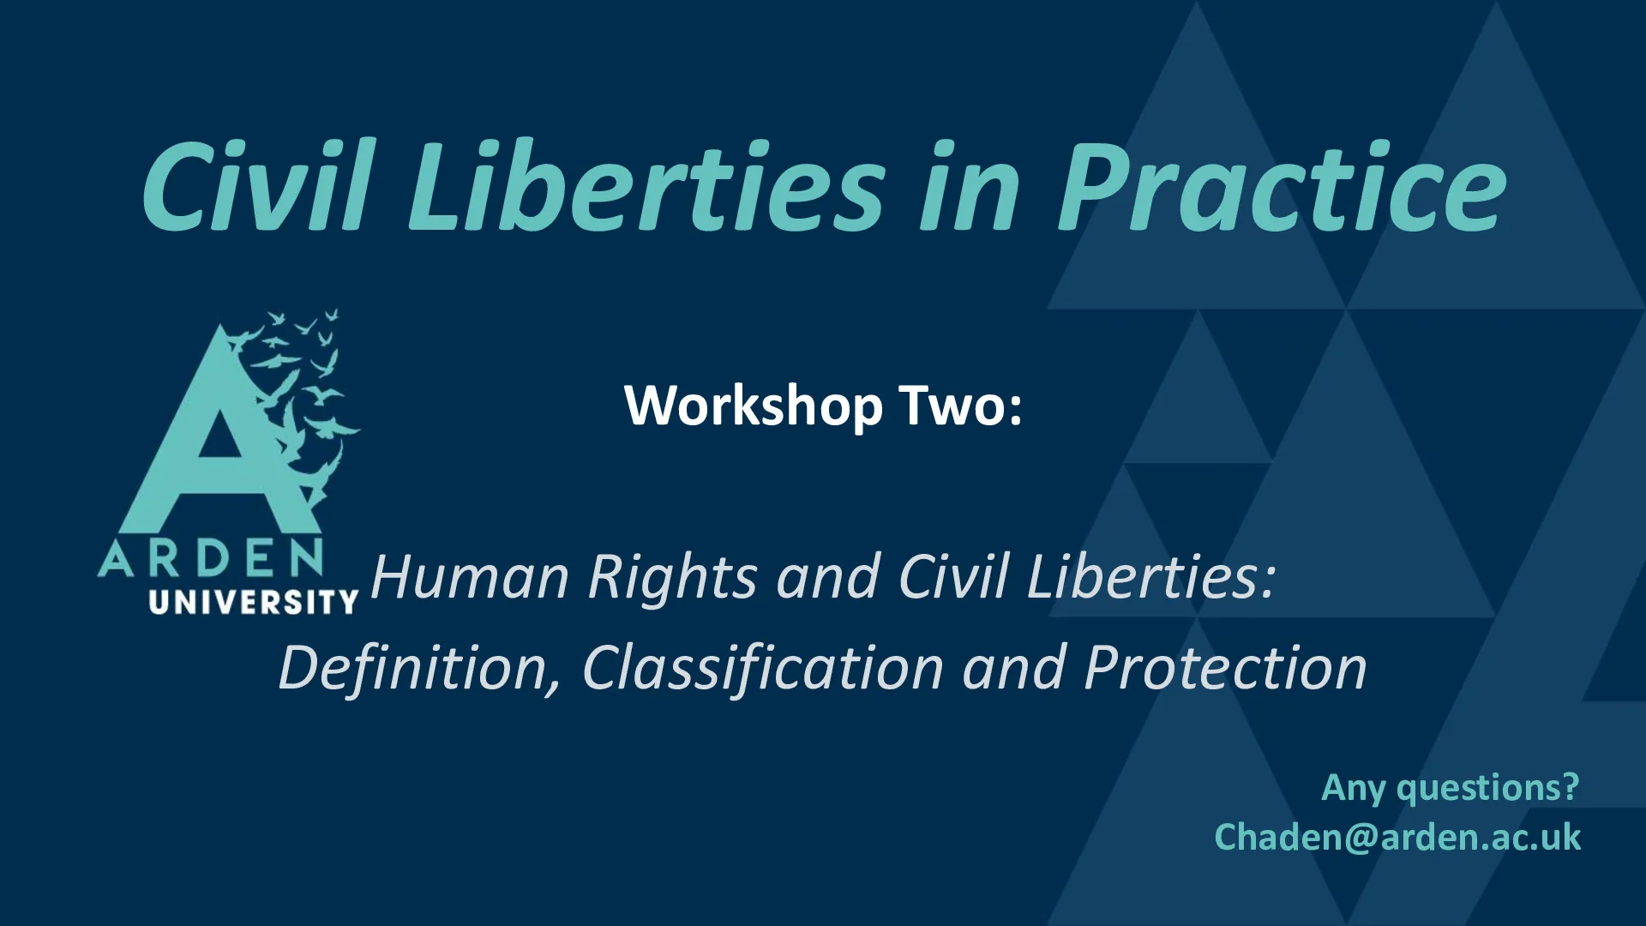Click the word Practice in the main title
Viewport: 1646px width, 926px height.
(x=1283, y=186)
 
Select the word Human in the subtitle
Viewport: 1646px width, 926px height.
(x=470, y=576)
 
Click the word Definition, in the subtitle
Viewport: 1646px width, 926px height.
(x=419, y=668)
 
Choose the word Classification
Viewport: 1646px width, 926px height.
(x=763, y=668)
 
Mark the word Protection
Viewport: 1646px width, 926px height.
(x=1225, y=668)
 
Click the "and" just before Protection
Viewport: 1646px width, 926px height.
(x=1014, y=668)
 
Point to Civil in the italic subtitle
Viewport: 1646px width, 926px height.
(x=952, y=576)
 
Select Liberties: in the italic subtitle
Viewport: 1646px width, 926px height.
(x=1151, y=576)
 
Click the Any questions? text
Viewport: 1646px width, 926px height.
(x=1451, y=788)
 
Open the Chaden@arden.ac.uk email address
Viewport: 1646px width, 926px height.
(x=1397, y=837)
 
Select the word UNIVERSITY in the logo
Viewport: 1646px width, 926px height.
(x=253, y=602)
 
